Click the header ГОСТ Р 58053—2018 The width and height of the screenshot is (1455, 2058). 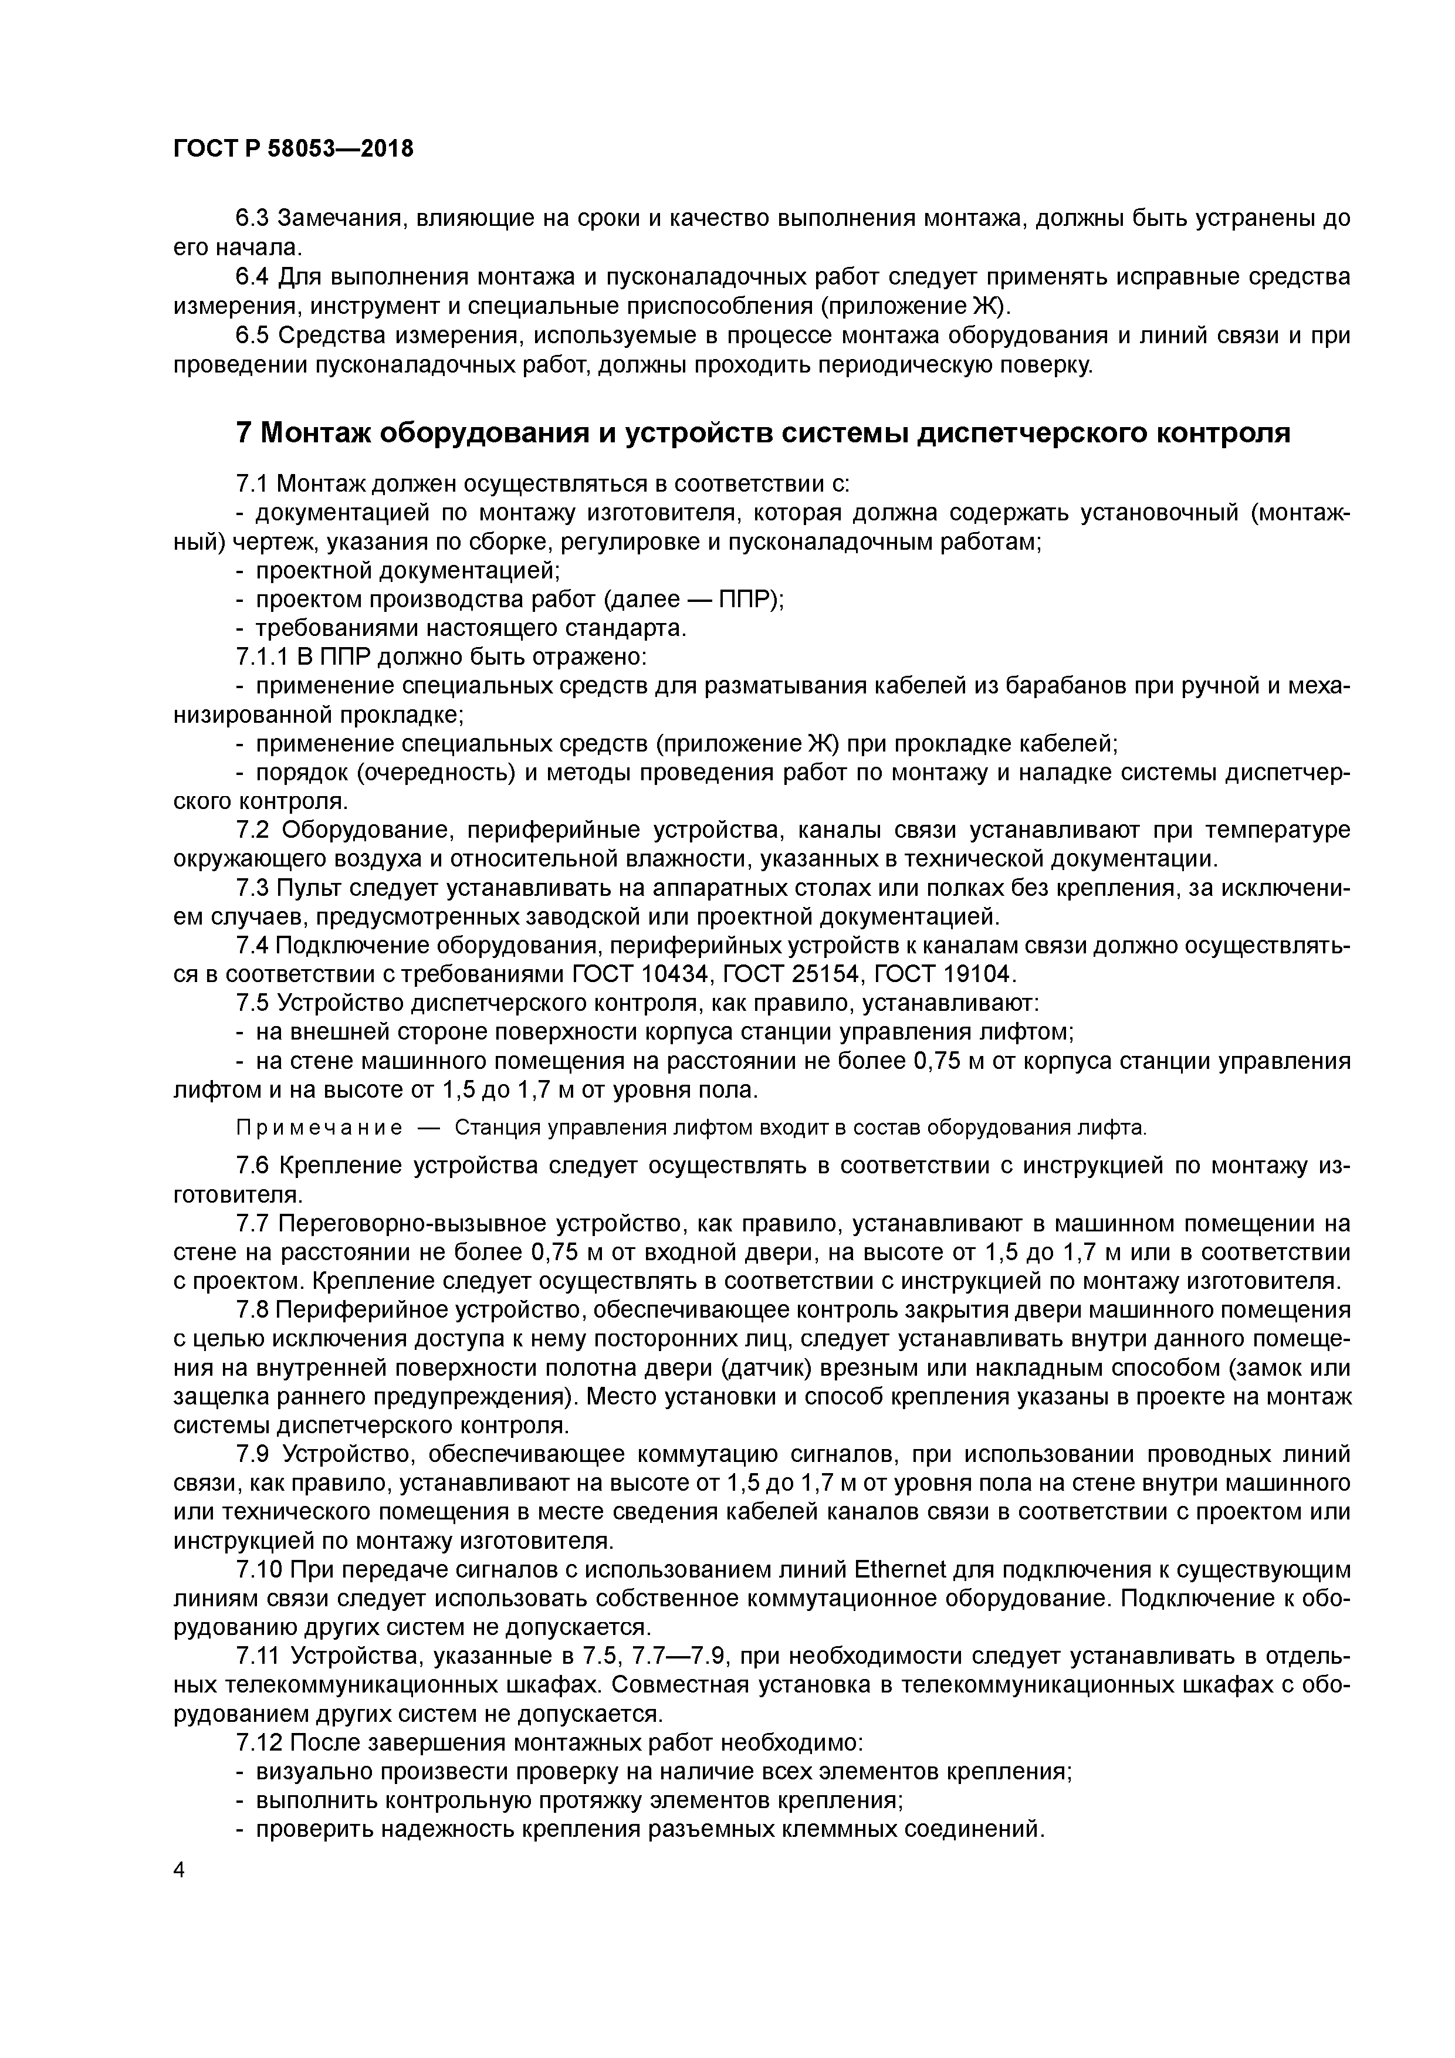293,149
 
